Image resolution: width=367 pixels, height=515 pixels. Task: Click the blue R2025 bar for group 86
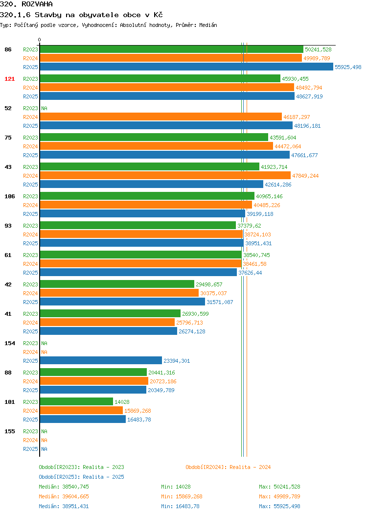pos(186,67)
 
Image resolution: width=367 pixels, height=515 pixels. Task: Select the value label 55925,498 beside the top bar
pos(348,67)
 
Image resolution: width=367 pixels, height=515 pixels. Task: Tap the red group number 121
pos(9,79)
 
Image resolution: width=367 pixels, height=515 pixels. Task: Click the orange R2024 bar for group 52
pos(161,117)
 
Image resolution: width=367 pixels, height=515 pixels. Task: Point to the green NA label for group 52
pos(45,108)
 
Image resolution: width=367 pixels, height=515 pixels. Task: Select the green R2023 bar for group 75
pos(154,138)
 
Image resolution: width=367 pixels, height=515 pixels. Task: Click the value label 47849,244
pos(305,176)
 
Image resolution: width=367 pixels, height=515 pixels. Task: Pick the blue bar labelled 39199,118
pos(142,214)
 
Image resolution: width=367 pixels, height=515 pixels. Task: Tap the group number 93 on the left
pos(8,226)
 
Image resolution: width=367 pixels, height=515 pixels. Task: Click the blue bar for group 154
pos(101,361)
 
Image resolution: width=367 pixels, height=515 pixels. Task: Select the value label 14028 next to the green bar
pos(122,402)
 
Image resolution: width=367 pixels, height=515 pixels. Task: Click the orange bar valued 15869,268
pos(81,411)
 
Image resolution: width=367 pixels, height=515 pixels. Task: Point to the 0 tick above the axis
pos(40,40)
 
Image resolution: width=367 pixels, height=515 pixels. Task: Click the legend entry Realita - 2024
pos(228,467)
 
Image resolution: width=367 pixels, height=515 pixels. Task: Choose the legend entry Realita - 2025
pos(81,477)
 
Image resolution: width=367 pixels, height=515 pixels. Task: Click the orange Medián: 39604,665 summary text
pos(64,496)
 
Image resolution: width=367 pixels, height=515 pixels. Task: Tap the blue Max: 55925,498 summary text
pos(279,507)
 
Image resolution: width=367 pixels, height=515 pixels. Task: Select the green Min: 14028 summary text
pos(176,487)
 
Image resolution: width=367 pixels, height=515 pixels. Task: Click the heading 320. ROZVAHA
pos(26,4)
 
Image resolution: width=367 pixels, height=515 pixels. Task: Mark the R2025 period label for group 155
pos(30,449)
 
